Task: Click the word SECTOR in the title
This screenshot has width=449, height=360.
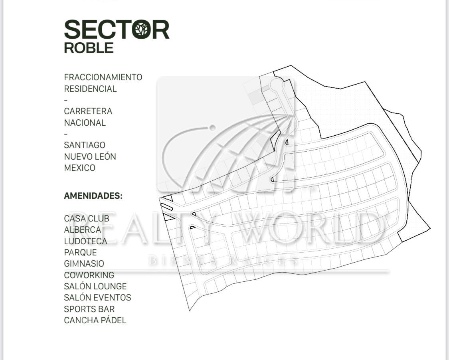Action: [117, 30]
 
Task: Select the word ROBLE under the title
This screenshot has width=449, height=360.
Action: [89, 48]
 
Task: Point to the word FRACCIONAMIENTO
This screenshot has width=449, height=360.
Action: [103, 77]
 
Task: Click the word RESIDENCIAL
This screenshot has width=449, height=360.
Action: [90, 89]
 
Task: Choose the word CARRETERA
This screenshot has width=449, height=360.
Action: [88, 111]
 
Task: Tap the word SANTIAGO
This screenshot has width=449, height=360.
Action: [85, 145]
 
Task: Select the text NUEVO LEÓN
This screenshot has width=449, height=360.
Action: [90, 156]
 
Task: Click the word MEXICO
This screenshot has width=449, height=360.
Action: [79, 168]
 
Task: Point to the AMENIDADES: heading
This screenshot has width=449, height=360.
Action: [93, 196]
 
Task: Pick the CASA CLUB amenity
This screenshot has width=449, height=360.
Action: [86, 218]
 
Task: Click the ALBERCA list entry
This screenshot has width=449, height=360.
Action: [82, 229]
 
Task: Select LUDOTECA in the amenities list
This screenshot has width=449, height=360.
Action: [85, 241]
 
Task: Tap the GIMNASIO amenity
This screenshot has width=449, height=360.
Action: [84, 263]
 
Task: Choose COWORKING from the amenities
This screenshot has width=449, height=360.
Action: [89, 275]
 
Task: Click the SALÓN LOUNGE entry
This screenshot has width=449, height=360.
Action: [95, 286]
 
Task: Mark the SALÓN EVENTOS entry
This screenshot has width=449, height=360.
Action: [97, 297]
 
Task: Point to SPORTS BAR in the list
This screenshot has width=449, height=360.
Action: [89, 309]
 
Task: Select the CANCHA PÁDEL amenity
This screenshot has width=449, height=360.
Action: [95, 320]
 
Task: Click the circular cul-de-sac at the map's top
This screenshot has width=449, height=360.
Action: [276, 84]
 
